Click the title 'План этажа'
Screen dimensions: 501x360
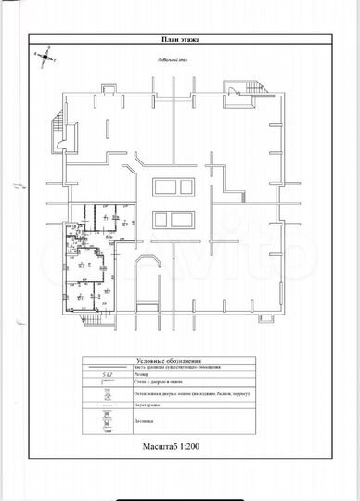pyautogui.click(x=180, y=40)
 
